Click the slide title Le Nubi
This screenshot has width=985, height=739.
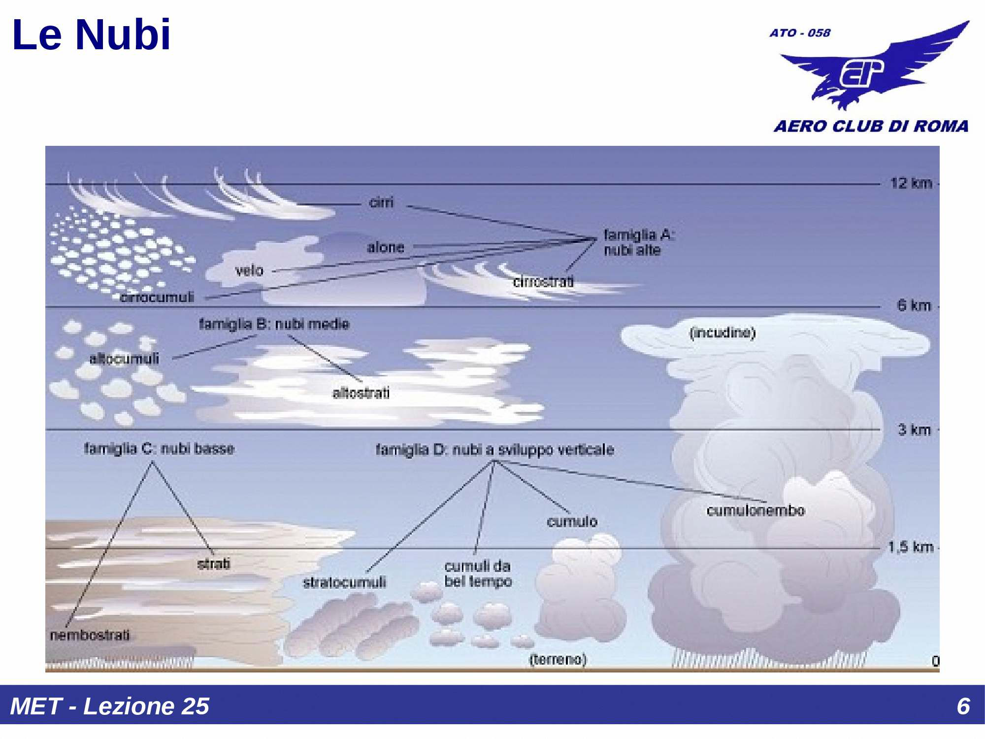point(91,35)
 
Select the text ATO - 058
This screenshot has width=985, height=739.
point(800,33)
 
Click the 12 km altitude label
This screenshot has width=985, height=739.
point(911,183)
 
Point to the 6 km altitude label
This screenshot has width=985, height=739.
point(914,305)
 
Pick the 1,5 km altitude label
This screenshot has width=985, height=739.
point(911,547)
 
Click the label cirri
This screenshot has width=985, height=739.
point(381,202)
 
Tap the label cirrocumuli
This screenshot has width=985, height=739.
point(157,297)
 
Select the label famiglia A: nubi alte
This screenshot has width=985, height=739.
point(638,242)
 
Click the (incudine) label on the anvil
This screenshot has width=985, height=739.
point(722,333)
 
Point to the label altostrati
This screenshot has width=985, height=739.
point(361,393)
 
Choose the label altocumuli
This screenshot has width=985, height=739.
point(124,359)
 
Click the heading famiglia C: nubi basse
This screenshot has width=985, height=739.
point(159,449)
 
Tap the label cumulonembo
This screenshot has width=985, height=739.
point(755,510)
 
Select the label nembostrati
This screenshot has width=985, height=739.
point(90,635)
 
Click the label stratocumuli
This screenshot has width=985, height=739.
point(344,583)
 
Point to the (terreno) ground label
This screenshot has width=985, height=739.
point(558,659)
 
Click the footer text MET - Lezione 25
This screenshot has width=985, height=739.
point(109,706)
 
